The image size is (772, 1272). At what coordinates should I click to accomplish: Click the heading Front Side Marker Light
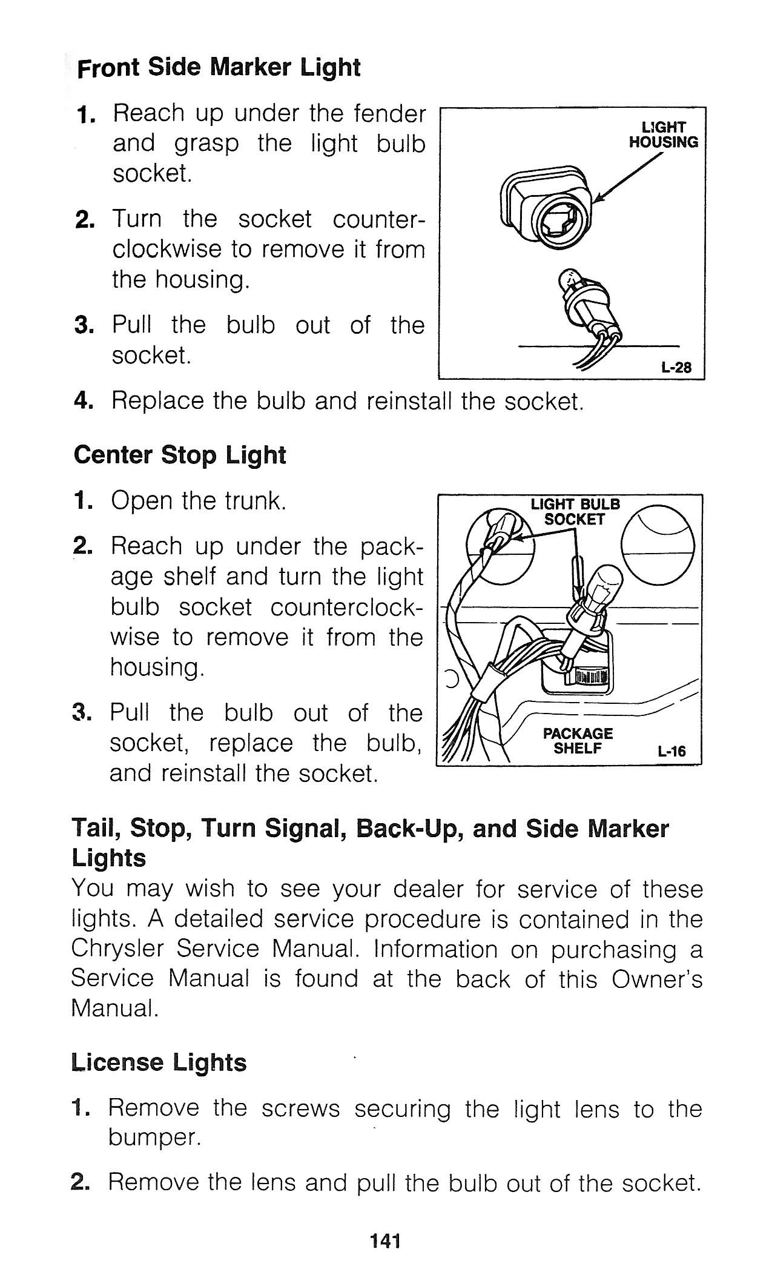click(x=219, y=67)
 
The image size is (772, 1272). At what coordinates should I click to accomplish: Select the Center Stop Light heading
click(x=179, y=455)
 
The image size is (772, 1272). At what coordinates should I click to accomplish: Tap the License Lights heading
click(x=159, y=1062)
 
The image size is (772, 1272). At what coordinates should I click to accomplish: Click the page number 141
click(x=386, y=1241)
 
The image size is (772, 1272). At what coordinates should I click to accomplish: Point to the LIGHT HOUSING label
click(x=664, y=134)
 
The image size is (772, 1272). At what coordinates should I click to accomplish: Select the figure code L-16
click(x=671, y=751)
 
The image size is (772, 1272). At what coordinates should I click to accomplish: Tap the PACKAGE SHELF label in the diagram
click(x=578, y=741)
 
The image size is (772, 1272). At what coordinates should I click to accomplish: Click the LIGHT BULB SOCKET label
click(x=575, y=512)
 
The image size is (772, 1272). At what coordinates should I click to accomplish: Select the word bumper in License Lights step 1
click(x=154, y=1139)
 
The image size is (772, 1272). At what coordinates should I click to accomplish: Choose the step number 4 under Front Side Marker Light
click(x=82, y=401)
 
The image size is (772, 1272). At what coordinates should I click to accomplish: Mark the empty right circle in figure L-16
click(x=658, y=546)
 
